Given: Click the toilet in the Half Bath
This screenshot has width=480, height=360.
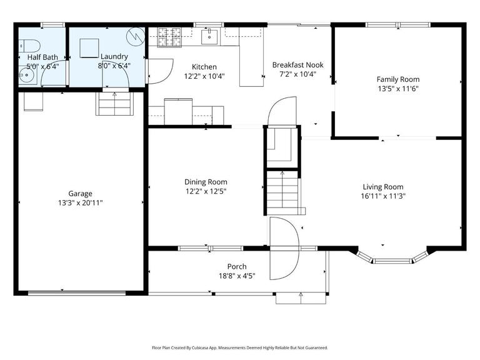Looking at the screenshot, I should pos(29,45).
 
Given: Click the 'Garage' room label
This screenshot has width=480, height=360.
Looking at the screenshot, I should pos(80,194).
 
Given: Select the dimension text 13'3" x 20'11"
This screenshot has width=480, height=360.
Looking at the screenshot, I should pos(80,202).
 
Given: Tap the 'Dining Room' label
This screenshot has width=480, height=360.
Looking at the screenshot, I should pos(206,182).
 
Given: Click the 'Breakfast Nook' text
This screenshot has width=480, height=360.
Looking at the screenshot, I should pos(297,64).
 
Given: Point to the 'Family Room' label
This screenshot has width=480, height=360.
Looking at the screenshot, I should pos(397,79).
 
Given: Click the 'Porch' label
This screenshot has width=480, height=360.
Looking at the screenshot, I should pos(236,267).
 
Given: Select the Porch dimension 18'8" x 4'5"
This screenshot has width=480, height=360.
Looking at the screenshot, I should pos(236,276).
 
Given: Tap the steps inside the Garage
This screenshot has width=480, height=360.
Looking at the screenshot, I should pos(114,104).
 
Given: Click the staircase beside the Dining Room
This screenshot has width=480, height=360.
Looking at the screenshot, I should pos(282,191).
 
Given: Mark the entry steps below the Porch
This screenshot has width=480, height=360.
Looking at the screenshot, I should pos(301,298).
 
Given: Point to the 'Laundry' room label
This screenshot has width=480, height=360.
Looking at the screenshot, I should pos(114,56).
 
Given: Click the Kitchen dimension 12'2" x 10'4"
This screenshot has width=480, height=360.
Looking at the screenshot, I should pos(204,76).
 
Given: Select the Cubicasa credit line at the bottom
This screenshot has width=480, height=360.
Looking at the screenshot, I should pos(240,347).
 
